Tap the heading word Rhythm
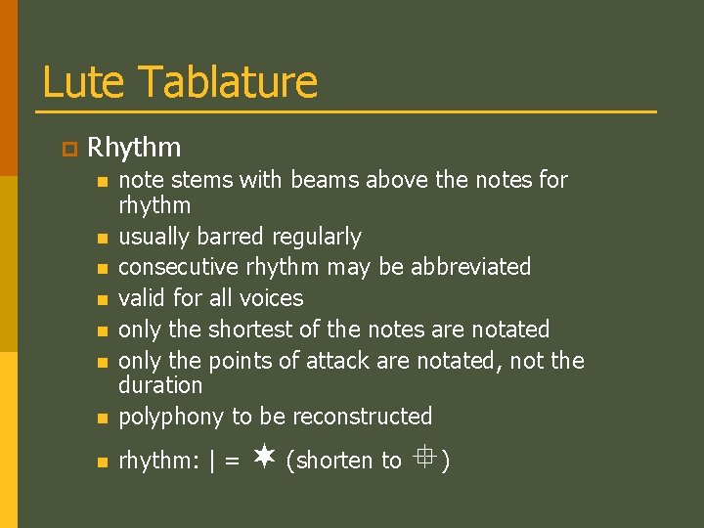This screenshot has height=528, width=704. [134, 148]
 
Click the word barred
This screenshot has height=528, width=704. [232, 237]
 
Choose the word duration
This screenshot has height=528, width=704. [160, 385]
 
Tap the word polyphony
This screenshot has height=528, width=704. [171, 418]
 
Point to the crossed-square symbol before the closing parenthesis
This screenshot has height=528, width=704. [421, 455]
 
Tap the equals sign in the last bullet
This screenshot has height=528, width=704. [232, 461]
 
